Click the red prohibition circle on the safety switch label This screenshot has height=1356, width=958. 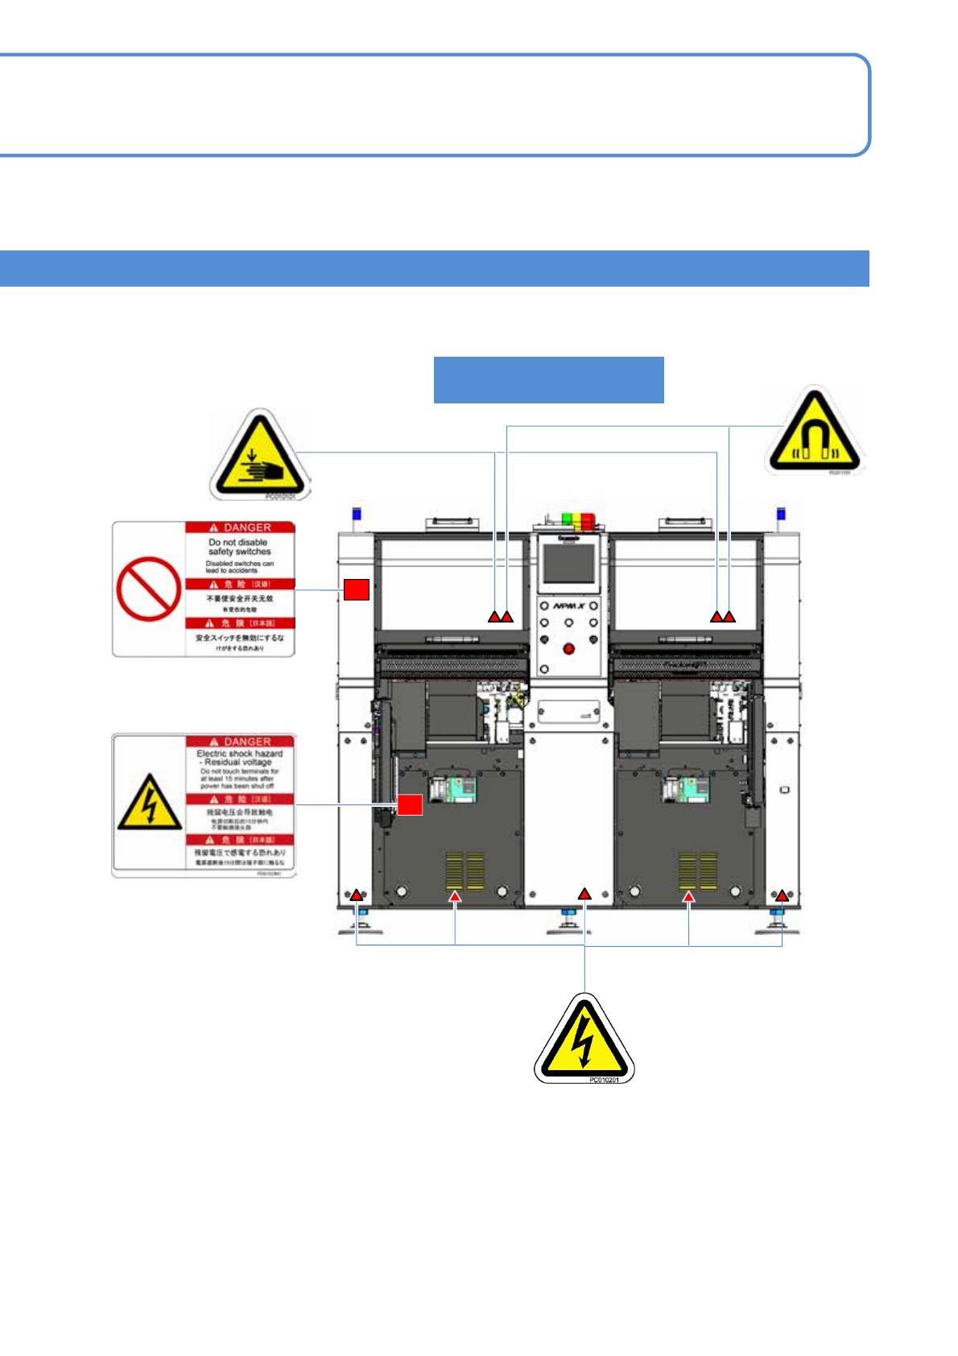coord(149,589)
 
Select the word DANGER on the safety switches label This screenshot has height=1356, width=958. coord(247,527)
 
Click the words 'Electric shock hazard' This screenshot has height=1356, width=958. coord(240,753)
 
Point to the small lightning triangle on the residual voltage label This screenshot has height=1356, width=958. coord(150,804)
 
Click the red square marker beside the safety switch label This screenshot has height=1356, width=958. coord(357,589)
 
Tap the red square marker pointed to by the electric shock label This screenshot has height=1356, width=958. coord(410,804)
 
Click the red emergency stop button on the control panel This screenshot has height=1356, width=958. coord(568,648)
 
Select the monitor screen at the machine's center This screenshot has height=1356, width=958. coord(568,564)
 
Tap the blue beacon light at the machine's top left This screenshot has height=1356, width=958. coord(357,515)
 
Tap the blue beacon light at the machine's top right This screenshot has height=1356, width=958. coord(780,515)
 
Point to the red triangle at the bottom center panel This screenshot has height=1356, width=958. coord(584,894)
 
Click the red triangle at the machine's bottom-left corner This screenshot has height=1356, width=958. coord(356,895)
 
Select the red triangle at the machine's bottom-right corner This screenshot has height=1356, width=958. coord(781,895)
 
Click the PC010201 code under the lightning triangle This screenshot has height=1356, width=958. coord(604,1080)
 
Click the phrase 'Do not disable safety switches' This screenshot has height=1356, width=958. coord(239,547)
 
